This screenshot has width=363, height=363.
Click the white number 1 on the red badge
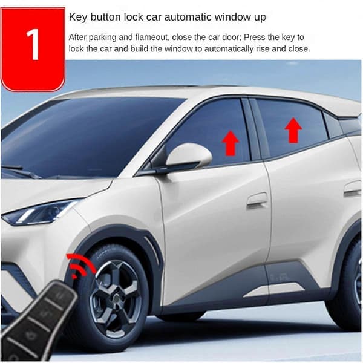[x=33, y=44]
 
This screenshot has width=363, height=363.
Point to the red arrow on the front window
[x=231, y=143]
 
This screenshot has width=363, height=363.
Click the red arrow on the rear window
[x=293, y=130]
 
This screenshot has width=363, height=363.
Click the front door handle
[x=257, y=201]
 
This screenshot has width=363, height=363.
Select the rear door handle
[x=353, y=189]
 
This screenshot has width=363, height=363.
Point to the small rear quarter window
[x=332, y=126]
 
